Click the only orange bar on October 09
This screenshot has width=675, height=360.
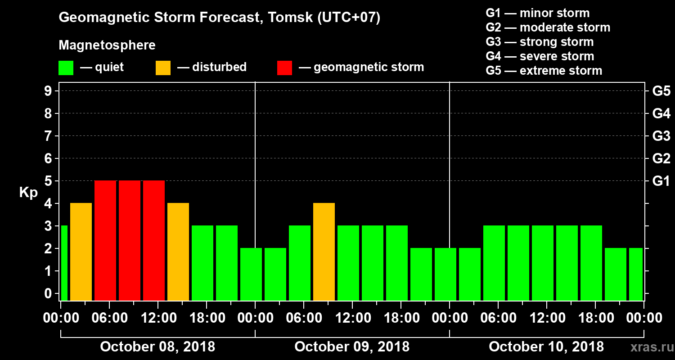click(x=324, y=252)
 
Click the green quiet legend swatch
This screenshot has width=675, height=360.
click(x=66, y=68)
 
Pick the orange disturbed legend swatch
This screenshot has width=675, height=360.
click(x=163, y=68)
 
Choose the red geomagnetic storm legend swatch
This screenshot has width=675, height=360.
click(x=284, y=68)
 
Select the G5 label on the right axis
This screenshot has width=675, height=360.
click(x=661, y=91)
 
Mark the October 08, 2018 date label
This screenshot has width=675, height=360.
click(x=157, y=347)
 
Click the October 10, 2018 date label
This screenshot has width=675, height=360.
click(x=546, y=347)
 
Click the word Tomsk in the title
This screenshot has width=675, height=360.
click(x=283, y=18)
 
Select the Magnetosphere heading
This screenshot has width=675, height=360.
click(x=107, y=45)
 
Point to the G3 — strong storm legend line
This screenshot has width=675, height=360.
click(x=540, y=42)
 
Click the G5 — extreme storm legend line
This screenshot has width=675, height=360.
click(x=544, y=71)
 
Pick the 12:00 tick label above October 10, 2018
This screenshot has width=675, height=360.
click(x=546, y=318)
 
